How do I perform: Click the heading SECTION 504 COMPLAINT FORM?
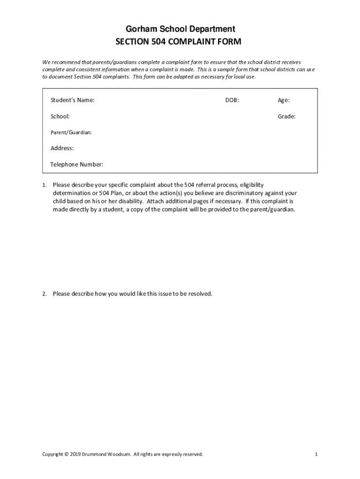click(179, 42)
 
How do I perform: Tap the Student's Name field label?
click(72, 100)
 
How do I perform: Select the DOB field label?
click(232, 100)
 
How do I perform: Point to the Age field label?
click(284, 100)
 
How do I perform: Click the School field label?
click(60, 116)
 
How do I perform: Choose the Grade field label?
click(287, 116)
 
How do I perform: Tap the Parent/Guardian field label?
click(71, 132)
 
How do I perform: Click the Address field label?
click(62, 148)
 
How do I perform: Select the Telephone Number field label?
click(77, 165)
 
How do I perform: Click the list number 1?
click(44, 185)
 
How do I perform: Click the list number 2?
click(44, 294)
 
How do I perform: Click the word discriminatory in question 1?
click(235, 193)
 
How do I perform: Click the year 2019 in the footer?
click(75, 454)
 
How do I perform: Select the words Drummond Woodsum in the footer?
click(107, 454)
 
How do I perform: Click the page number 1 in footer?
click(317, 454)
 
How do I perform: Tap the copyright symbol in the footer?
click(66, 454)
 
